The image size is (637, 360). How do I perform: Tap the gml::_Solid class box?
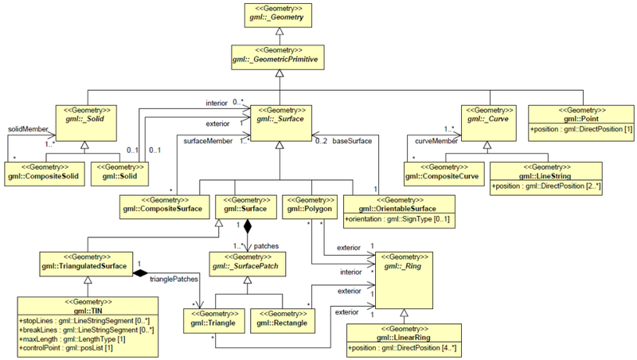tap(85, 117)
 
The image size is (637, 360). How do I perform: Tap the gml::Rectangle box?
tap(279, 320)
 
